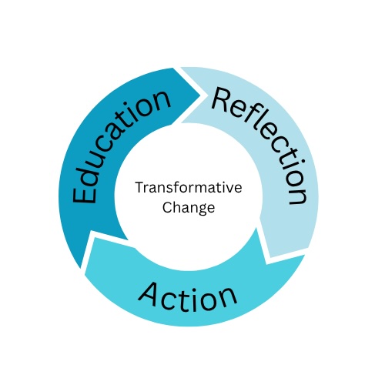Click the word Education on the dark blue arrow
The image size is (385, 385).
(121, 146)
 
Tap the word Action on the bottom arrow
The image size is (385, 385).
(188, 297)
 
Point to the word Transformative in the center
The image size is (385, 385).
(189, 188)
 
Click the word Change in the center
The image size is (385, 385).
(189, 207)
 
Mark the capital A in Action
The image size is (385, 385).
(149, 294)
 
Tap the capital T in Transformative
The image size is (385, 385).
(140, 188)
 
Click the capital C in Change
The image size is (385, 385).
(167, 207)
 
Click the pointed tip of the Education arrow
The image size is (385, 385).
(200, 95)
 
